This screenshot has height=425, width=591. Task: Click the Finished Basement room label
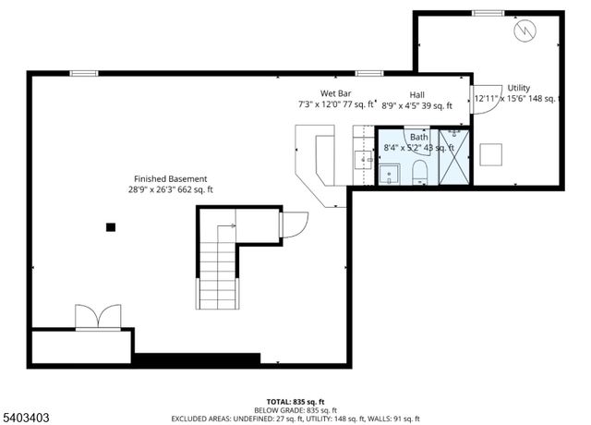pyautogui.click(x=171, y=178)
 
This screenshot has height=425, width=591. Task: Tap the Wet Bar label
pyautogui.click(x=334, y=93)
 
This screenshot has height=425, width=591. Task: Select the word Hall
pyautogui.click(x=417, y=94)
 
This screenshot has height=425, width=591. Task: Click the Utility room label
pyautogui.click(x=518, y=88)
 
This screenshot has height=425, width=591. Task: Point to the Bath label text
pyautogui.click(x=419, y=137)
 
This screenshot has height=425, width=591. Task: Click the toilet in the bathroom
pyautogui.click(x=419, y=171)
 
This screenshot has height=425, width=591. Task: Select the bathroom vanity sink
pyautogui.click(x=390, y=173)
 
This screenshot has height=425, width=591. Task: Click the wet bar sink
pyautogui.click(x=362, y=160)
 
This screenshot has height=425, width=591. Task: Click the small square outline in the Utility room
pyautogui.click(x=491, y=153)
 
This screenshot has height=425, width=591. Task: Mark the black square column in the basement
pyautogui.click(x=111, y=226)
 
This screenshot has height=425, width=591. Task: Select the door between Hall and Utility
pyautogui.click(x=480, y=101)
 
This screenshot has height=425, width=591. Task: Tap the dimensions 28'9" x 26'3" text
pyautogui.click(x=171, y=189)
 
